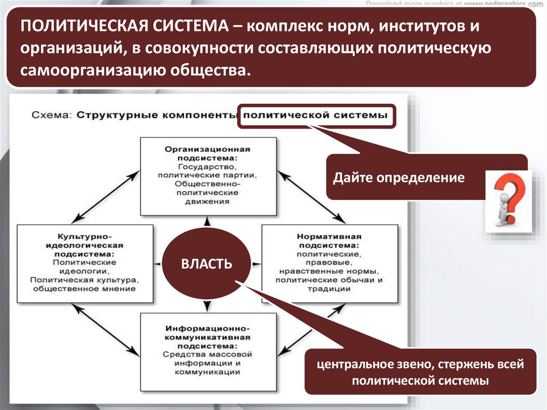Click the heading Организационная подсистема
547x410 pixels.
coord(208,153)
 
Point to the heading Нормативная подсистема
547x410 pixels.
coord(330,240)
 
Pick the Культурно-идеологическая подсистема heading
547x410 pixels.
coord(86,244)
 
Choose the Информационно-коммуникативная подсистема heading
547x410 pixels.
coord(208,332)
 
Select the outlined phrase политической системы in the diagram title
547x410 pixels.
coord(317,115)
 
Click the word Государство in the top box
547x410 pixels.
coord(208,167)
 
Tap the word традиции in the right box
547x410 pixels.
coord(329,289)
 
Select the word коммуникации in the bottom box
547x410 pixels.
coord(208,372)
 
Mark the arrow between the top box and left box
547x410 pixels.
coord(105,195)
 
